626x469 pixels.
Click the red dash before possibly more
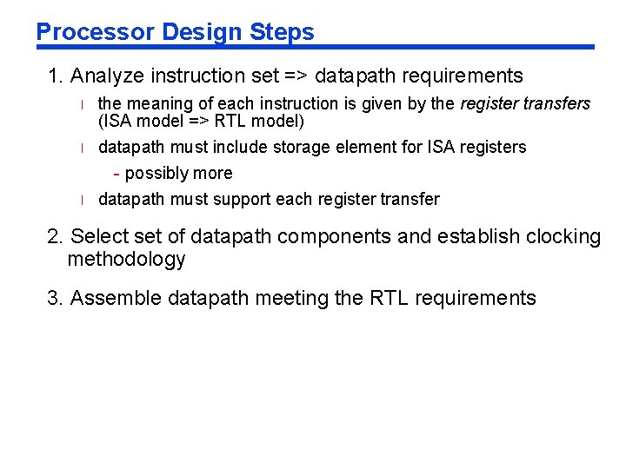pyautogui.click(x=117, y=173)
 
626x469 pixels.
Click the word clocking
pyautogui.click(x=559, y=236)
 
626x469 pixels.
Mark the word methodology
pyautogui.click(x=126, y=259)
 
